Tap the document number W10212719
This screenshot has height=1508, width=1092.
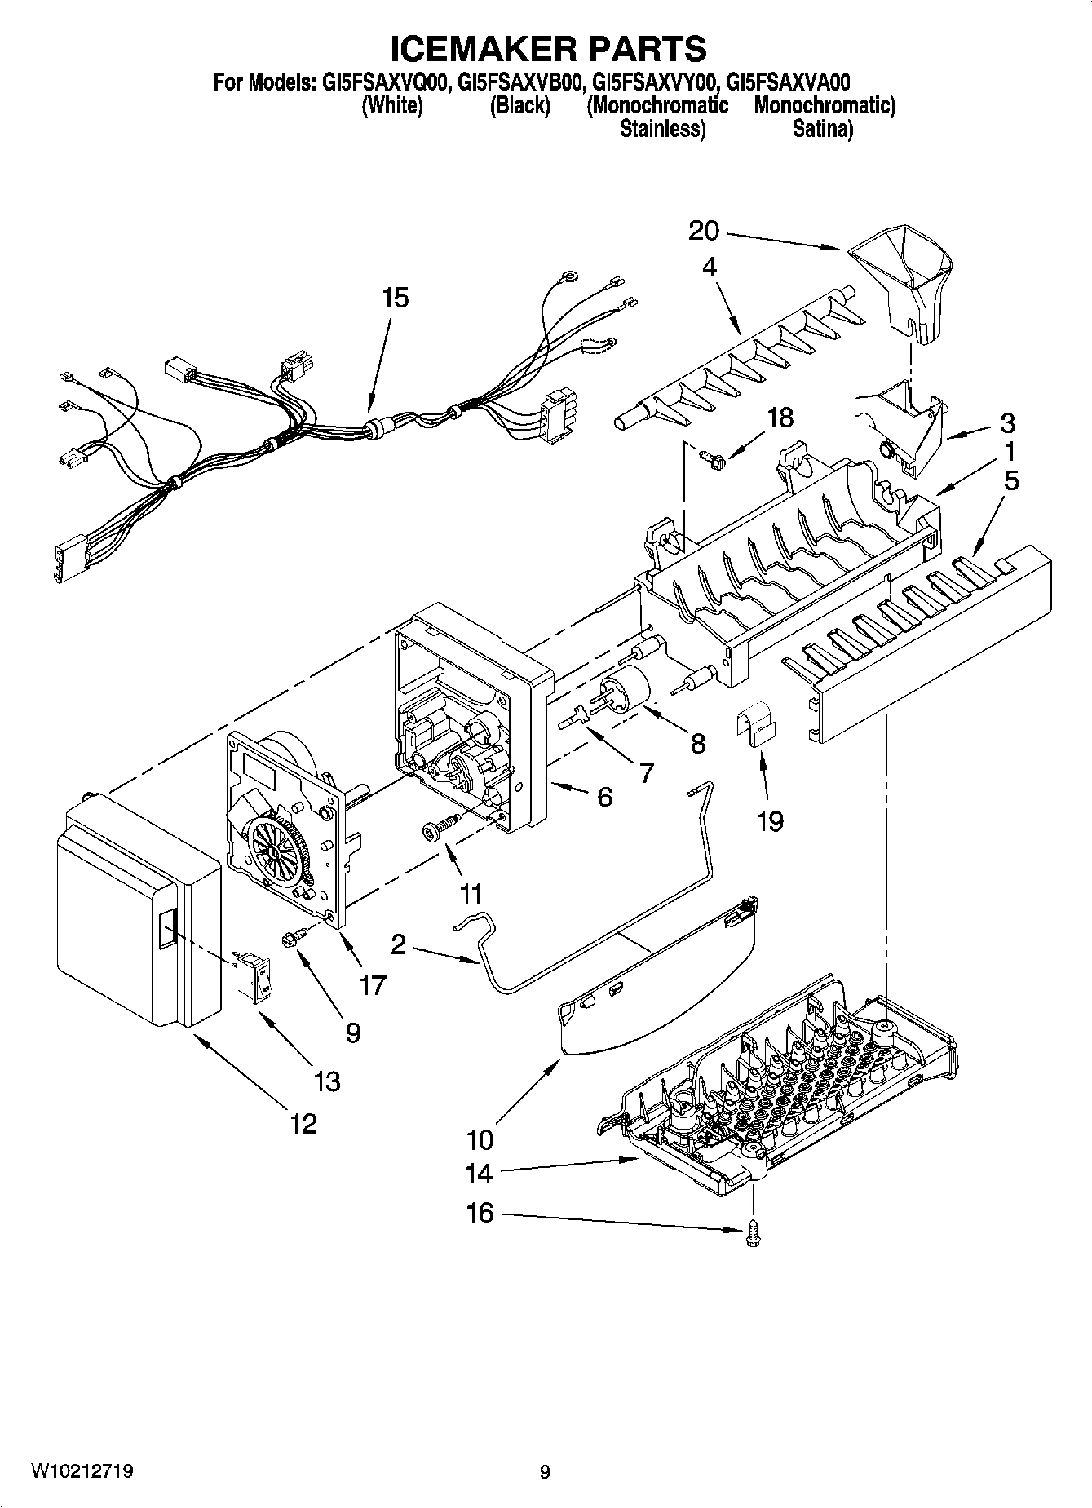(x=82, y=1471)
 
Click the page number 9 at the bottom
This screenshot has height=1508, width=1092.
(x=545, y=1472)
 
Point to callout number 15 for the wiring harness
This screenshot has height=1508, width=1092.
(x=396, y=298)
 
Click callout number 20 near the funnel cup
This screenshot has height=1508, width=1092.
(x=703, y=232)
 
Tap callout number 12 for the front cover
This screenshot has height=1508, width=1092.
(x=303, y=1124)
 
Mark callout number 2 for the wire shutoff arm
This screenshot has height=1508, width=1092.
(x=399, y=944)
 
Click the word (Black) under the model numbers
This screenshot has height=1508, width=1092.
(x=519, y=105)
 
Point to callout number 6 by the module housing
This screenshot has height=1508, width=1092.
(x=603, y=796)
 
